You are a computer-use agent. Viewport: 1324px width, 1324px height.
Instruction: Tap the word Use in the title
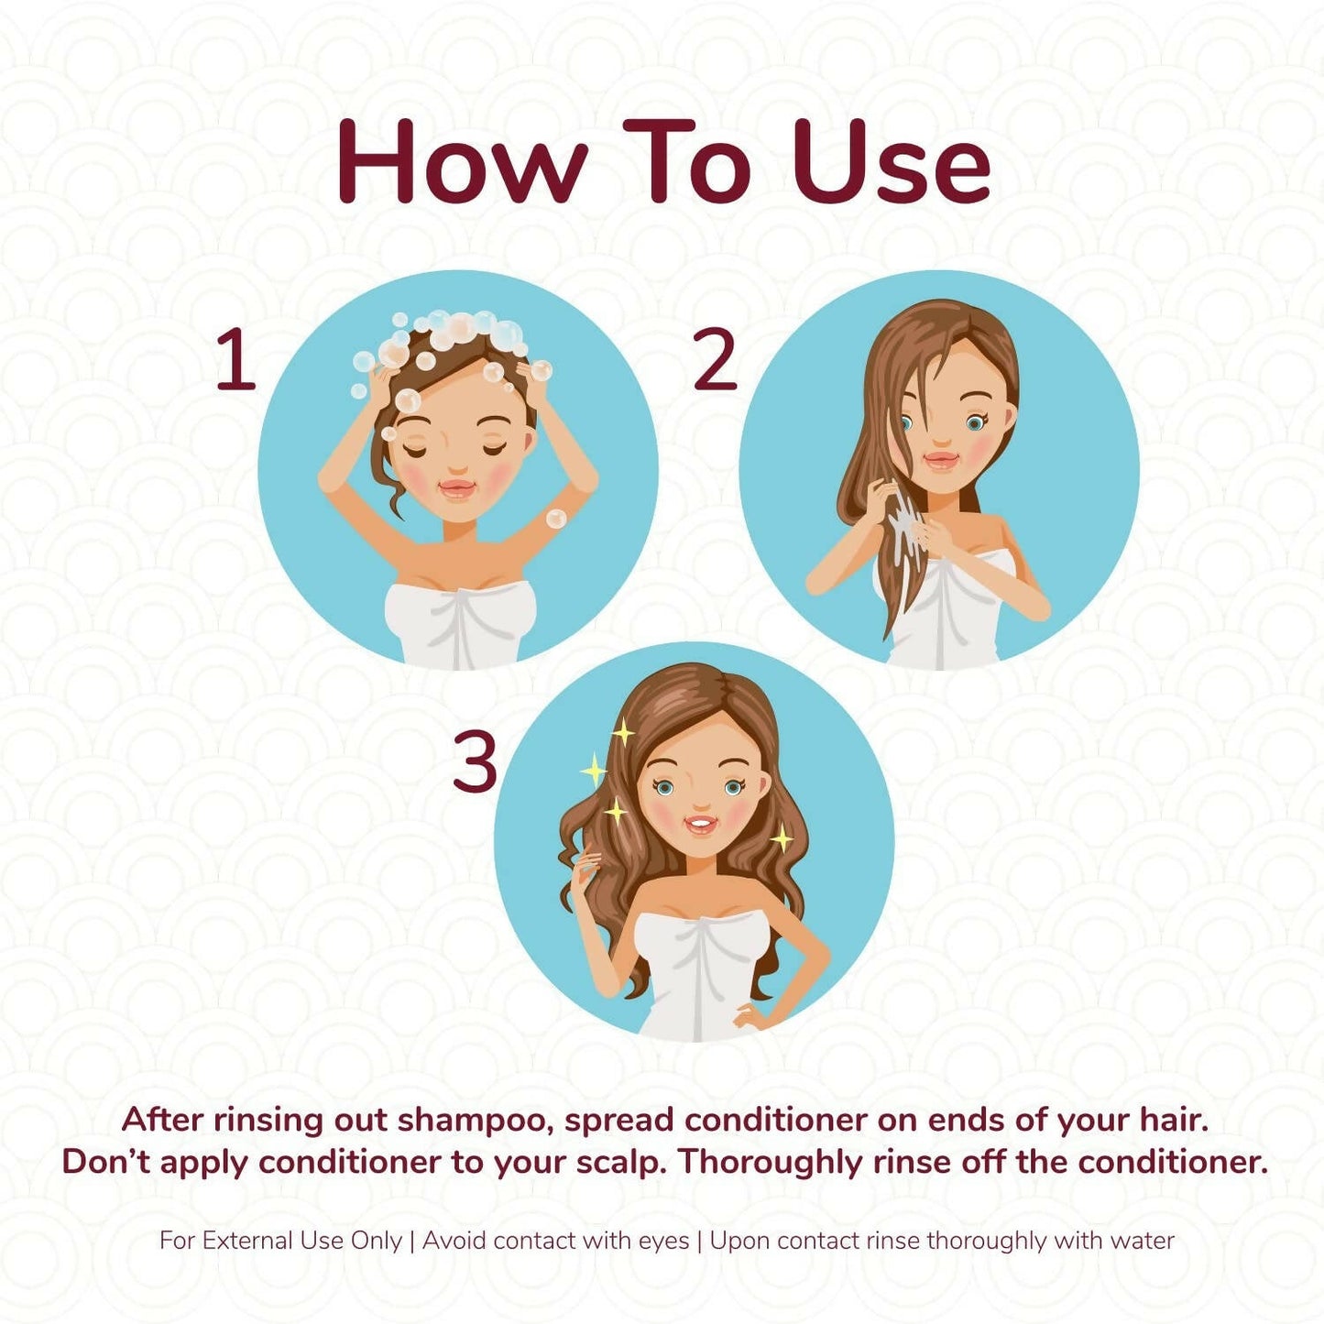[x=892, y=162]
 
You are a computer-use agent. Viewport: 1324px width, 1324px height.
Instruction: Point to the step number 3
[x=475, y=761]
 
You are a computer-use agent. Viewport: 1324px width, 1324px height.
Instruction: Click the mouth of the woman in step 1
[x=457, y=489]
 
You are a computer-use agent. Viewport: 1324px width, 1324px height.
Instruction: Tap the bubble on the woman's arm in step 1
[x=555, y=519]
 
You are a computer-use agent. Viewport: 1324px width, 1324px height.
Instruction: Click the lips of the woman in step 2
[x=942, y=460]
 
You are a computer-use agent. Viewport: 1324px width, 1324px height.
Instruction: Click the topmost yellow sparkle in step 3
[x=622, y=732]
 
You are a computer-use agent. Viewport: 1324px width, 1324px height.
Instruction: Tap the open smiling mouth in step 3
[x=701, y=823]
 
